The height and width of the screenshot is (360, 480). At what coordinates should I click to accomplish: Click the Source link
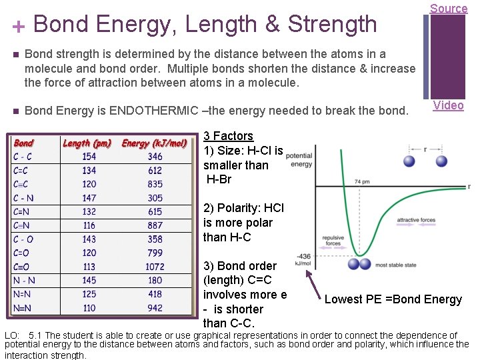click(448, 8)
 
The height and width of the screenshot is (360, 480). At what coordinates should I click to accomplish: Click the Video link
click(448, 105)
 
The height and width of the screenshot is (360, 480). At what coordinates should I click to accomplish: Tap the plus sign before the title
click(18, 26)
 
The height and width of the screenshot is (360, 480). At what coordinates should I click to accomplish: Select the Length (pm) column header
click(87, 143)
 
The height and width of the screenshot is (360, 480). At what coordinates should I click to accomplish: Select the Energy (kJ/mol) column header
click(154, 143)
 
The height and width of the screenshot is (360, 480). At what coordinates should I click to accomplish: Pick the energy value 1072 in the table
click(155, 267)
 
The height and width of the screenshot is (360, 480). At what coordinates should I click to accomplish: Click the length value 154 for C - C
click(89, 157)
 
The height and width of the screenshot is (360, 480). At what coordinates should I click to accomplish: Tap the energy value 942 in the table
click(155, 308)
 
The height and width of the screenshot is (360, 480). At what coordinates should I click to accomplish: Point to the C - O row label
click(23, 239)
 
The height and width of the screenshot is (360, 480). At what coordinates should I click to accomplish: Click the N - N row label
click(24, 281)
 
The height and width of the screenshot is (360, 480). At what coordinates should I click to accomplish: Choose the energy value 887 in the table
click(155, 225)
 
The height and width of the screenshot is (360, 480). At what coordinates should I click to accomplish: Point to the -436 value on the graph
click(303, 256)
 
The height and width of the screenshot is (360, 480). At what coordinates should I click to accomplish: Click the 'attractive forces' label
click(416, 219)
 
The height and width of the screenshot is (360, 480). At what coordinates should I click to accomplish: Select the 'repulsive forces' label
click(333, 240)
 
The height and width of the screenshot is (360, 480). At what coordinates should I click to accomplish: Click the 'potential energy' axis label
click(299, 159)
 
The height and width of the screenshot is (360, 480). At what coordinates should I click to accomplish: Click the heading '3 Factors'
click(228, 136)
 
